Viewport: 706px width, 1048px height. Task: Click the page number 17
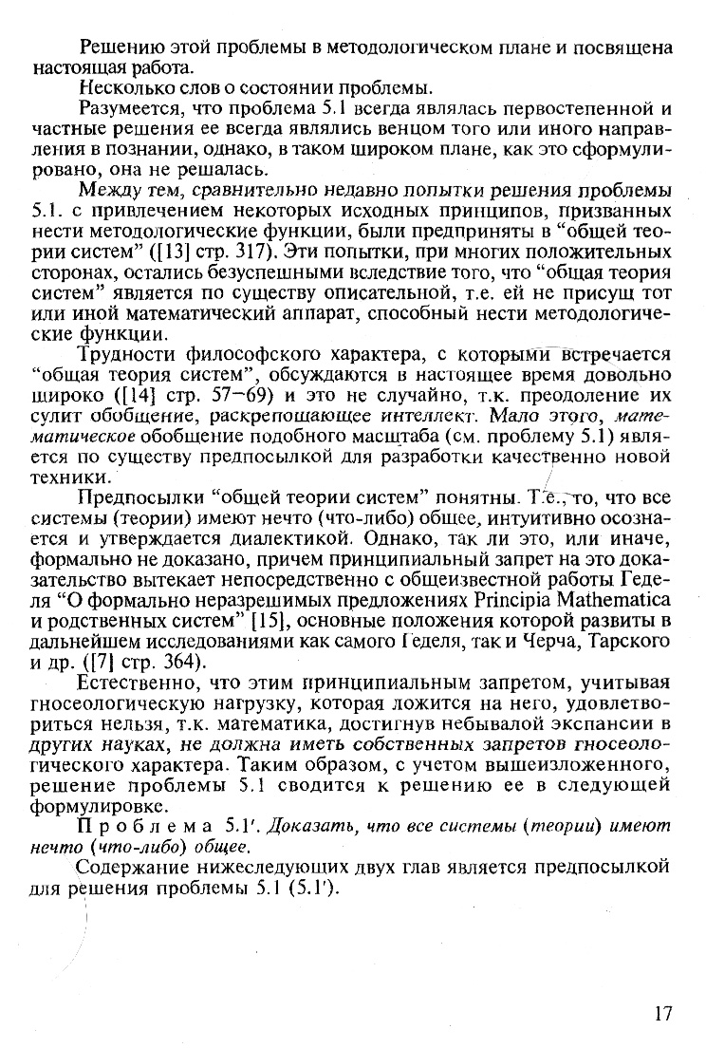coord(662,1012)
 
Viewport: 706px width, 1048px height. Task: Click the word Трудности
coord(130,354)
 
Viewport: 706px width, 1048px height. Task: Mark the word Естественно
coord(137,682)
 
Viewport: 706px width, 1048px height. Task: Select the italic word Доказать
coord(303,826)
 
